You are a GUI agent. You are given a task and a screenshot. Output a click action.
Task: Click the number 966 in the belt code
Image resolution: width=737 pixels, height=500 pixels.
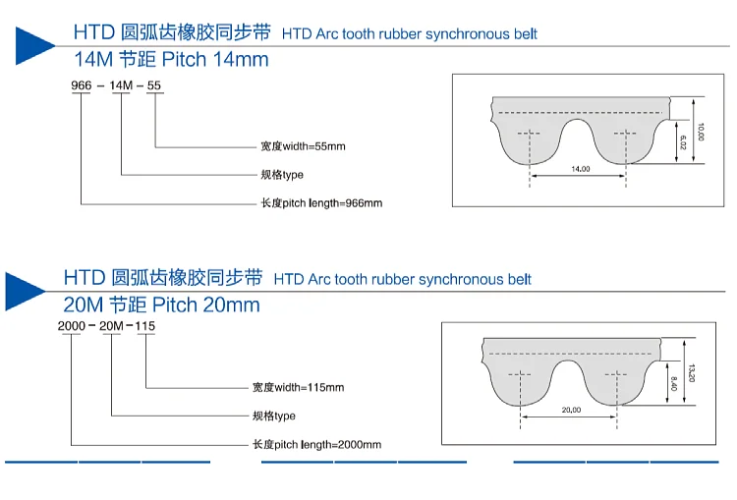pos(82,85)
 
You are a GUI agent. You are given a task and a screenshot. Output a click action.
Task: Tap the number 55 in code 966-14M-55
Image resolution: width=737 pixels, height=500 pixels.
pos(154,85)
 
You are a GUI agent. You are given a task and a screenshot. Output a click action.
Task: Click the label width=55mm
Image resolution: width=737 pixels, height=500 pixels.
pos(304,146)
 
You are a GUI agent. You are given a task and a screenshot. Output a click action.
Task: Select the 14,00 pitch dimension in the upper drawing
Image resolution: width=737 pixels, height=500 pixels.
pos(580,169)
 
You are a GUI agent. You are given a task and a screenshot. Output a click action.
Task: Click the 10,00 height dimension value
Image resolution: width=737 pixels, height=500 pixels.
pos(701,131)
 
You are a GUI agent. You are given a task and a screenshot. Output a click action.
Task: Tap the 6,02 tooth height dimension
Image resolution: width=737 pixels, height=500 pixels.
pos(682,141)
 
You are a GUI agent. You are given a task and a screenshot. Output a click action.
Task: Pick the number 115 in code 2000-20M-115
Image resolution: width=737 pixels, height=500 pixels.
pos(145,326)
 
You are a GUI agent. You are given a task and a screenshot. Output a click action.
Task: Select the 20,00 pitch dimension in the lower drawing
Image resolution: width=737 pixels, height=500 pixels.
pos(570,410)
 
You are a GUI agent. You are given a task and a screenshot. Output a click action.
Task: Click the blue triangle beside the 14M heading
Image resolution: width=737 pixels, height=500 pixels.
pos(31,44)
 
